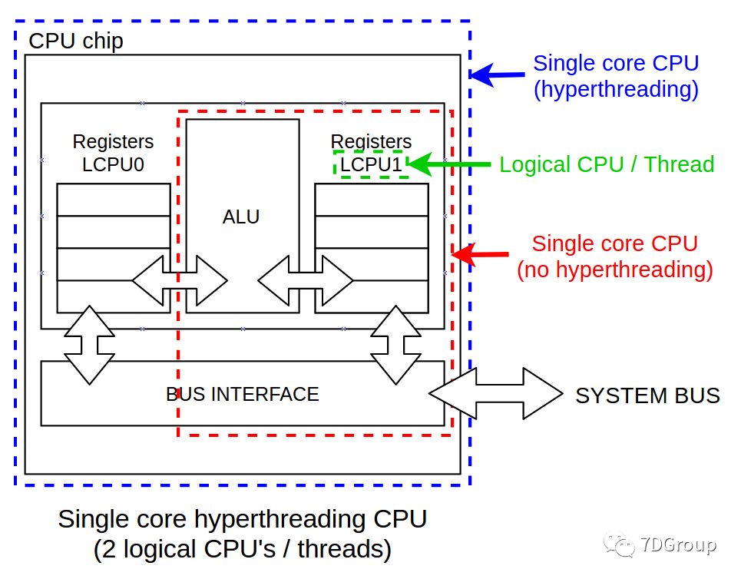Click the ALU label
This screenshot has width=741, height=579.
click(241, 217)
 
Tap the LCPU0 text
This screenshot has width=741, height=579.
click(113, 164)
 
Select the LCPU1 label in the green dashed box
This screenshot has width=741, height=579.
click(371, 164)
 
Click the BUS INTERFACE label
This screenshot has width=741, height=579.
click(243, 394)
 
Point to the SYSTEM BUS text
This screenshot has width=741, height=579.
click(647, 395)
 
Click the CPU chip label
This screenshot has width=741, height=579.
click(76, 41)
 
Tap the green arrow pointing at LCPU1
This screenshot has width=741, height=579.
click(448, 164)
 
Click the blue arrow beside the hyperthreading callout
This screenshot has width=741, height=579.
click(497, 74)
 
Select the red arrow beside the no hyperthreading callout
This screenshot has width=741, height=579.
click(480, 255)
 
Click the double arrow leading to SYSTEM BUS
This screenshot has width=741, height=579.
click(496, 393)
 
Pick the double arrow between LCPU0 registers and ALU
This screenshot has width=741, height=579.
click(180, 280)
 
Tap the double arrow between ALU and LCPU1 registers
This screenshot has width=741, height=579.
click(306, 280)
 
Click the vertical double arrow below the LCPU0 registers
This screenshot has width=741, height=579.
click(89, 345)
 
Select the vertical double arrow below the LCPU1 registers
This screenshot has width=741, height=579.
click(395, 345)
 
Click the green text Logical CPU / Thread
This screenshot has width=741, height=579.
click(607, 164)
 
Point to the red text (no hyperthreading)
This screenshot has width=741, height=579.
click(615, 270)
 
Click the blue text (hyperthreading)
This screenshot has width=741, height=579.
click(616, 89)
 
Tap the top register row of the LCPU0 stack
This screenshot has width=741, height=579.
click(114, 200)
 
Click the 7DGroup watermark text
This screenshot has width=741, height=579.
click(679, 545)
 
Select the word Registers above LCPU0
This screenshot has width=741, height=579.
click(113, 142)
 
